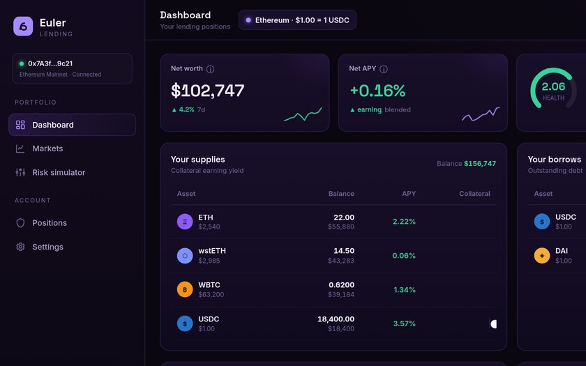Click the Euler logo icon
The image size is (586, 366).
(23, 26)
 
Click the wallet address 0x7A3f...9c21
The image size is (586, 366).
(50, 63)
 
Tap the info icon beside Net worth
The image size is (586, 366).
(211, 69)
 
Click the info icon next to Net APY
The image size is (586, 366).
(384, 69)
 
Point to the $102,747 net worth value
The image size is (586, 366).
(207, 91)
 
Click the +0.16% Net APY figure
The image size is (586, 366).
(377, 91)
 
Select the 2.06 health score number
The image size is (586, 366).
(553, 86)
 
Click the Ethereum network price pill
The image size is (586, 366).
(297, 20)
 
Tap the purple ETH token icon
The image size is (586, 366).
(185, 222)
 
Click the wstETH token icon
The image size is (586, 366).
(185, 256)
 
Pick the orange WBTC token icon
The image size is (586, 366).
(185, 289)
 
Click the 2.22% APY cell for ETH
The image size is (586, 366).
(404, 222)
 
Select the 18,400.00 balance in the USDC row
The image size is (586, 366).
(336, 319)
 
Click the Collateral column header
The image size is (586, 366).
(474, 194)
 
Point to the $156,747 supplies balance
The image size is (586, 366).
(480, 164)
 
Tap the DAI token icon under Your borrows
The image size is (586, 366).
(542, 256)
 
